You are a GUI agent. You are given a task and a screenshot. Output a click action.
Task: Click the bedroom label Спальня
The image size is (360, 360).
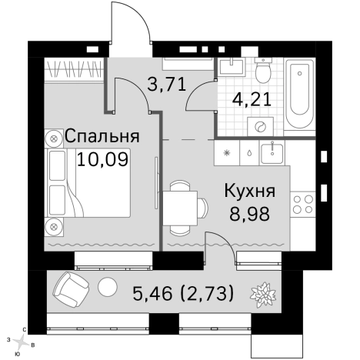[x=102, y=136]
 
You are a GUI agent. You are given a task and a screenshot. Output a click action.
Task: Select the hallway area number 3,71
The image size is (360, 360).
[x=167, y=85]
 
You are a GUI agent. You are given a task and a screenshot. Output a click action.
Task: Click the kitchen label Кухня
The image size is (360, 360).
[x=248, y=190]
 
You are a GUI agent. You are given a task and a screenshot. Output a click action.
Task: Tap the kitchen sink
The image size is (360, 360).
[x=270, y=152]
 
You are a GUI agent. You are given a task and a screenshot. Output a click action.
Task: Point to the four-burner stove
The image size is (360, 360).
[x=302, y=203]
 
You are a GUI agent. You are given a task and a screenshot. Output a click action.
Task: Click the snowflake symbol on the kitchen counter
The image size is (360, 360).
[x=226, y=152]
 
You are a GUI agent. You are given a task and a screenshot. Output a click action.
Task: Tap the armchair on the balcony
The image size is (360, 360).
[x=72, y=288]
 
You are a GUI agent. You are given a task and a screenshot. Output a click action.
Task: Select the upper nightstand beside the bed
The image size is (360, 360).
[x=55, y=138]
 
